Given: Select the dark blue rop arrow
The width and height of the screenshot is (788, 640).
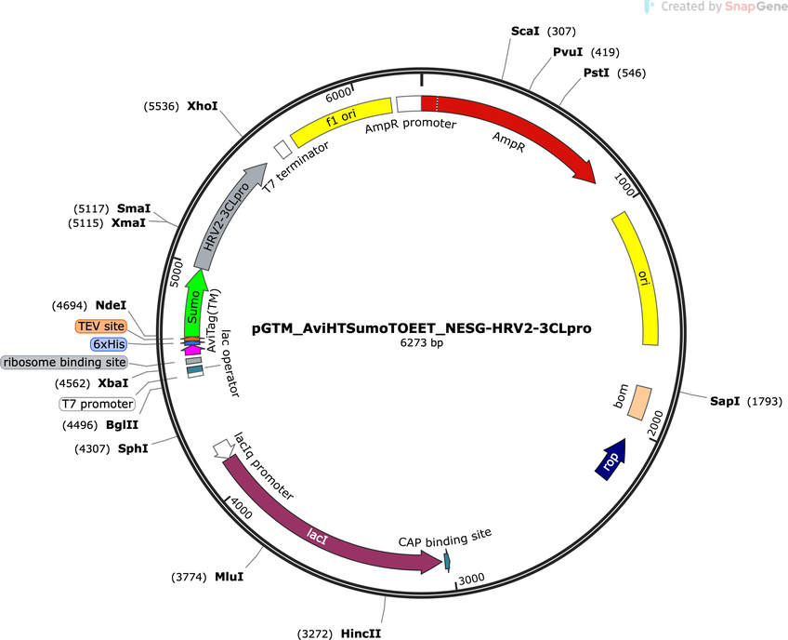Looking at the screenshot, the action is [x=611, y=460].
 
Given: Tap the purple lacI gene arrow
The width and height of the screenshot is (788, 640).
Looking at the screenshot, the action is [x=322, y=528].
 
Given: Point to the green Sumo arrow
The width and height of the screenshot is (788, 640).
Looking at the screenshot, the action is [x=193, y=303].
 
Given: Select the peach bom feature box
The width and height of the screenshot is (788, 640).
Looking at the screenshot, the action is [x=639, y=402].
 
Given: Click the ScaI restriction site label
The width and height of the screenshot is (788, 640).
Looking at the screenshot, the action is [x=525, y=32].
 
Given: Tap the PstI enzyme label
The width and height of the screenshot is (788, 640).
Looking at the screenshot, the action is [x=596, y=73].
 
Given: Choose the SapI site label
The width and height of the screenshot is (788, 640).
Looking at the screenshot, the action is [x=725, y=401].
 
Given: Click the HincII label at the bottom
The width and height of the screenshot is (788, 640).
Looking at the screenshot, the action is [x=361, y=633].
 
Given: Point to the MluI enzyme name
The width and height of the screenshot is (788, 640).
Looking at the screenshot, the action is [x=230, y=577].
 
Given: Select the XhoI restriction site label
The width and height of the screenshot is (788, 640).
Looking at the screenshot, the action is [x=203, y=106].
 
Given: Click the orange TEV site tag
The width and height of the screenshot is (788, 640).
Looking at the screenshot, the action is [x=101, y=326].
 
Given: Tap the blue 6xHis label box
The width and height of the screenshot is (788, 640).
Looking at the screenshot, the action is [x=109, y=344].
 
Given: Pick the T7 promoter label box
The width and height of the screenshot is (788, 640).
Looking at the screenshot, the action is [x=98, y=404].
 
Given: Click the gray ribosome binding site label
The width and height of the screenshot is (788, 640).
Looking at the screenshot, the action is [x=64, y=362].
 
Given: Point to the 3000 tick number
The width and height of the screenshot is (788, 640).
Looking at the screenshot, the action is [x=471, y=579].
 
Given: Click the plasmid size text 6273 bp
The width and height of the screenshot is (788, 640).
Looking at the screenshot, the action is [x=422, y=343].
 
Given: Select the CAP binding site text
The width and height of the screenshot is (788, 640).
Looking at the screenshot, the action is [x=445, y=538].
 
